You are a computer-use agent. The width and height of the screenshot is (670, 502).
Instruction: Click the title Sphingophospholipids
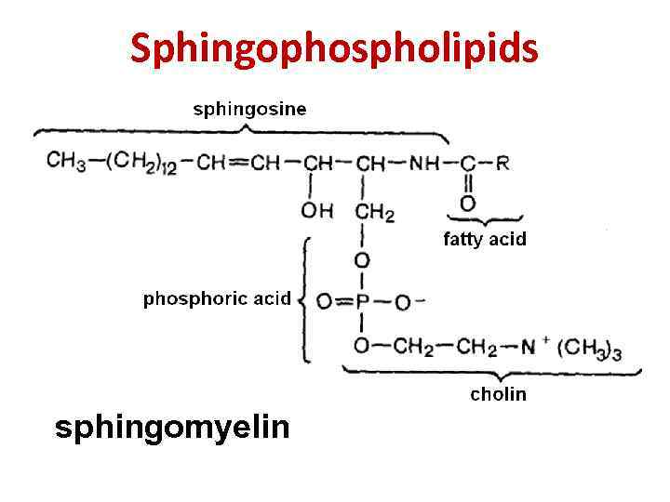coord(334,48)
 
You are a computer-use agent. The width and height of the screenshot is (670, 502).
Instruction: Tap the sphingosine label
coord(249,109)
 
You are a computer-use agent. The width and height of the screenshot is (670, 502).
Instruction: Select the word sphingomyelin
coord(172,428)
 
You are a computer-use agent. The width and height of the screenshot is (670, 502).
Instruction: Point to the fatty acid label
coord(484,239)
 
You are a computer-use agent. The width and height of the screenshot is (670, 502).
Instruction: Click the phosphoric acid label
coord(217,299)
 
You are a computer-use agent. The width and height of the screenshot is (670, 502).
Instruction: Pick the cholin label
coord(498,394)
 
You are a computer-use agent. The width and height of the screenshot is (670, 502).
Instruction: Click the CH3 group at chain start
coord(66,162)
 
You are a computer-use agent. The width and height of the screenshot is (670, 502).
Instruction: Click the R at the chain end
coord(502,163)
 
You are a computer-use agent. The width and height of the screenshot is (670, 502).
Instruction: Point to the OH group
coord(317,211)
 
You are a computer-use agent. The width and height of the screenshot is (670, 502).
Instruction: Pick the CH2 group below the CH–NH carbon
coord(375,212)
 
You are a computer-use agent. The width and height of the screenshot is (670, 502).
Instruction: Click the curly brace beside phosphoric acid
coord(305,299)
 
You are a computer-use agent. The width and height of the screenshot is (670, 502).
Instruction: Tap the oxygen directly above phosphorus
coord(362,259)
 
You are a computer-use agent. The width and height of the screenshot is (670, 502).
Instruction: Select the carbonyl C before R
coord(467,163)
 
